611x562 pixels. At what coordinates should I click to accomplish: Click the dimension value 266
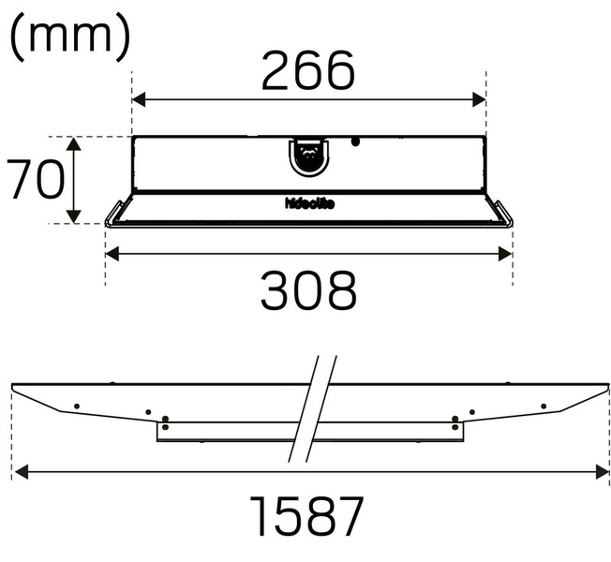coord(308,71)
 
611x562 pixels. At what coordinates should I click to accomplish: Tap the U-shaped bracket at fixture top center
coord(308,155)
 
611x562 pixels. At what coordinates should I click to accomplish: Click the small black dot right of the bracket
coord(355,142)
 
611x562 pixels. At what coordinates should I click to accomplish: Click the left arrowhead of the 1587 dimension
coord(18,474)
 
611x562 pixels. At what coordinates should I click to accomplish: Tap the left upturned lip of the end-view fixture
coord(113,214)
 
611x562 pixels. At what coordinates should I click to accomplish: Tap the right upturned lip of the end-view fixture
coord(504,214)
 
